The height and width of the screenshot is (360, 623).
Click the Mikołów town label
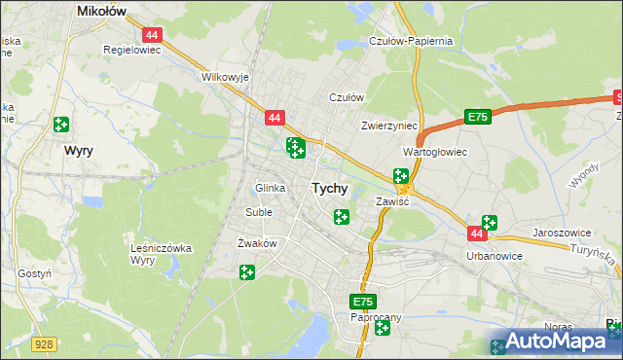point(106,11)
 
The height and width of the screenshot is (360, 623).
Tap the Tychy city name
point(330,189)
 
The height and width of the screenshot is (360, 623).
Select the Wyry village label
point(78,151)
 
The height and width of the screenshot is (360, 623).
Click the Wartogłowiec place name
point(435,153)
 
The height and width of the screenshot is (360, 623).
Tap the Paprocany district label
point(376,317)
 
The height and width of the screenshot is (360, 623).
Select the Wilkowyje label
point(225,76)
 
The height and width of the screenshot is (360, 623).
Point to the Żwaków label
point(258,242)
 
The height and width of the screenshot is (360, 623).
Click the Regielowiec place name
point(131,48)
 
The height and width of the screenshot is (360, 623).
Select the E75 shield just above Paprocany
point(363,303)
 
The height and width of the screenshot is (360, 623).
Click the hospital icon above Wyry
point(61,124)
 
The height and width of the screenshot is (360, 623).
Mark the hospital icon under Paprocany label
point(382,329)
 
